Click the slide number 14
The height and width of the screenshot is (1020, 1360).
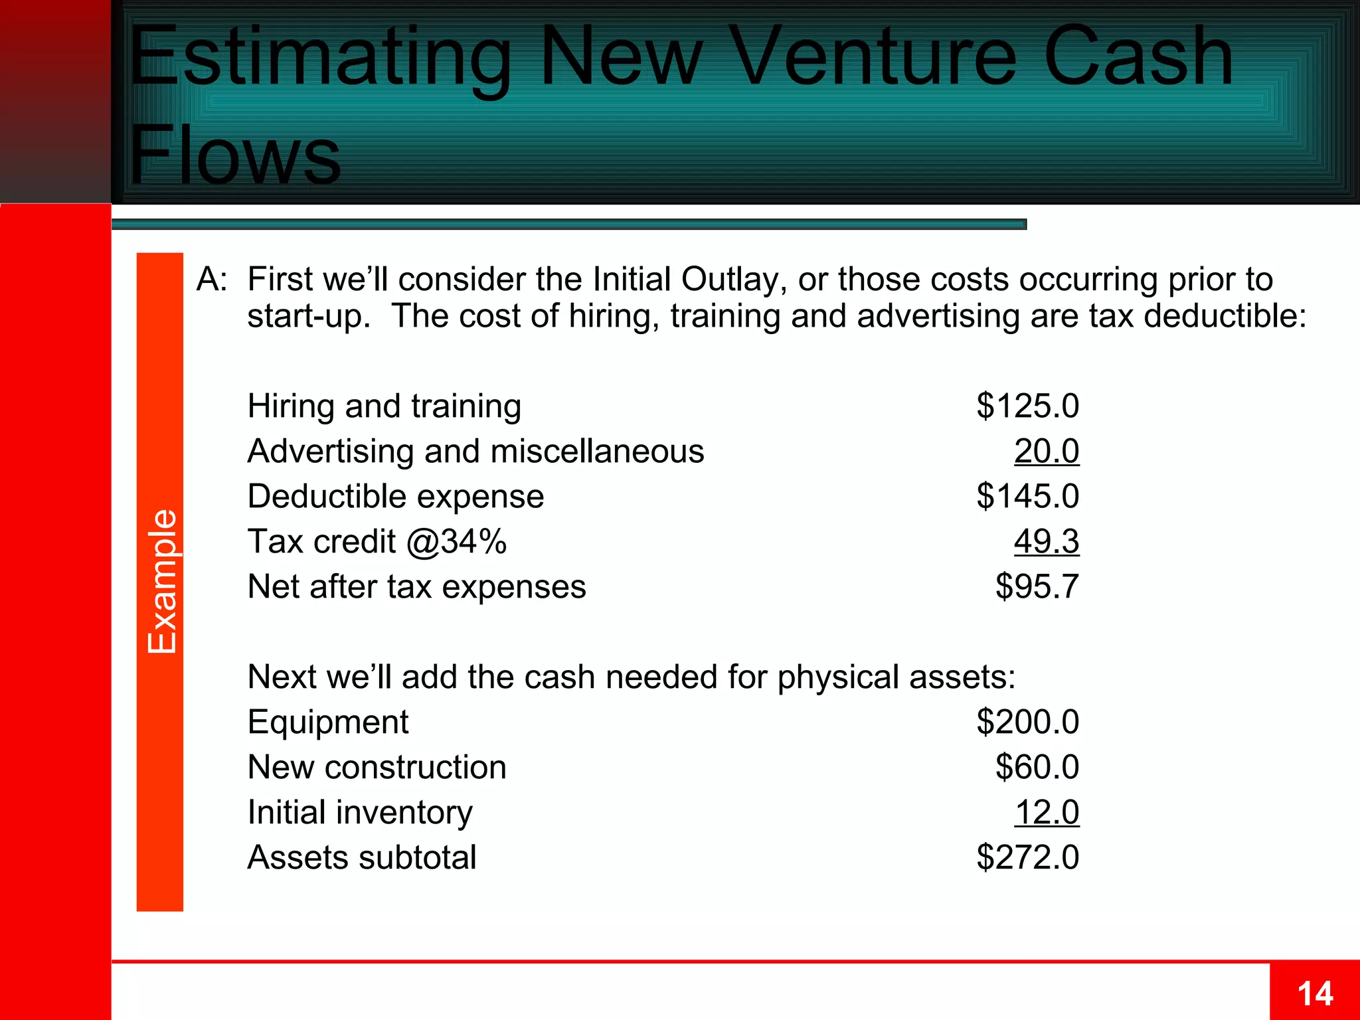(x=1315, y=994)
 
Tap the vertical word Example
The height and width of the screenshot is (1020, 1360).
(x=162, y=582)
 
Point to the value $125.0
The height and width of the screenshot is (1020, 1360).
(x=1027, y=406)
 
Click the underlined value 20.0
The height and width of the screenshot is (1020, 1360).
(x=1046, y=452)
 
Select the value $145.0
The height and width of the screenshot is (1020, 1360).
(x=1027, y=496)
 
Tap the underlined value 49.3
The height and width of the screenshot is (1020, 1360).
(x=1046, y=542)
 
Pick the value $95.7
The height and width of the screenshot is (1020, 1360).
(x=1037, y=587)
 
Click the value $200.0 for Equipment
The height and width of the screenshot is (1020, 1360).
(x=1027, y=722)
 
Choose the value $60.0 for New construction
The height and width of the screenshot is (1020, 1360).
(x=1037, y=767)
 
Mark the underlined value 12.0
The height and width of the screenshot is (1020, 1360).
(x=1046, y=812)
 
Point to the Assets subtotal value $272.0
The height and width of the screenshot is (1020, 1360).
(x=1027, y=857)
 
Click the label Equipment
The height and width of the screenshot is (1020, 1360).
(x=328, y=722)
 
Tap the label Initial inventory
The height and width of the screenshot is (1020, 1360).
(x=360, y=812)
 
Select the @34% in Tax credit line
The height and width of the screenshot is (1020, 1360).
(x=456, y=542)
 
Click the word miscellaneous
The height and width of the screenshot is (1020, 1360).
(x=597, y=452)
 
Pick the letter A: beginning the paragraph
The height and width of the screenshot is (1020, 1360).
(x=212, y=279)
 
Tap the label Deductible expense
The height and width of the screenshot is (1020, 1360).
(x=396, y=496)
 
